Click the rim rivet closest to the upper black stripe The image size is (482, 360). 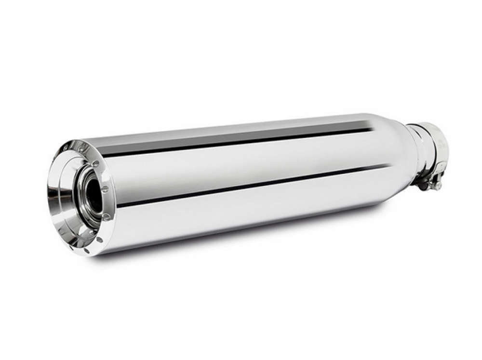(x=96, y=164)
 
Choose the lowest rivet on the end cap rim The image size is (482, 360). (x=87, y=250)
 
